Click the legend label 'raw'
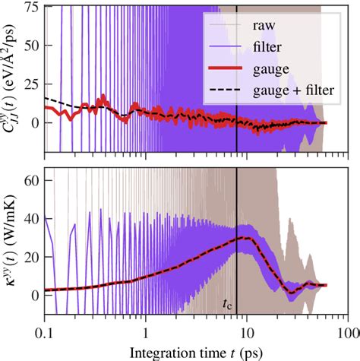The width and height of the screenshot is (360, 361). click(x=263, y=25)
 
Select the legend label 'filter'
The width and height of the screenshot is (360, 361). click(x=266, y=47)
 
